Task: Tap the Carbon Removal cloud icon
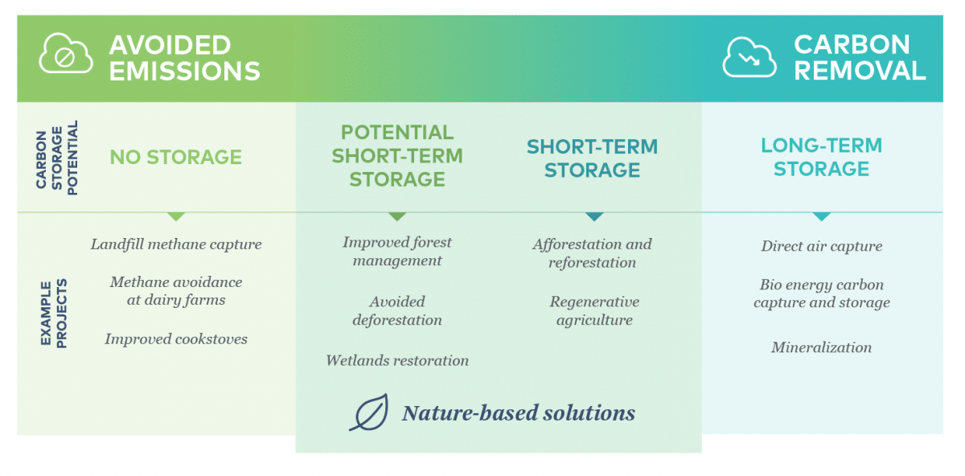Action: point(749,57)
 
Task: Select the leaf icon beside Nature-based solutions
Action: point(369,412)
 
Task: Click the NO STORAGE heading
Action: point(175,157)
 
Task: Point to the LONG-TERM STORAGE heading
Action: point(821,157)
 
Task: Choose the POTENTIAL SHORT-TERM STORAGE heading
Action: point(397,155)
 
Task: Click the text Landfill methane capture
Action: point(175,244)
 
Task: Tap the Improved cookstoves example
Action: point(175,339)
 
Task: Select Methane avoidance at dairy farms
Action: point(175,291)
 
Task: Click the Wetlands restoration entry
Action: point(397,360)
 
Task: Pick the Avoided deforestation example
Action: point(397,310)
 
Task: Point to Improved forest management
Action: point(397,251)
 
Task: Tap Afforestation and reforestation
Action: point(592,252)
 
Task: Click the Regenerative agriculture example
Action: point(593,310)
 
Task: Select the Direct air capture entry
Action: point(821,246)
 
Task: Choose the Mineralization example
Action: point(821,347)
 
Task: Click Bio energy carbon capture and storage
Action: point(821,293)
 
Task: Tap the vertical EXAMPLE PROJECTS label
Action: point(54,314)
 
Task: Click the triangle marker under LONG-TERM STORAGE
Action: point(821,216)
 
